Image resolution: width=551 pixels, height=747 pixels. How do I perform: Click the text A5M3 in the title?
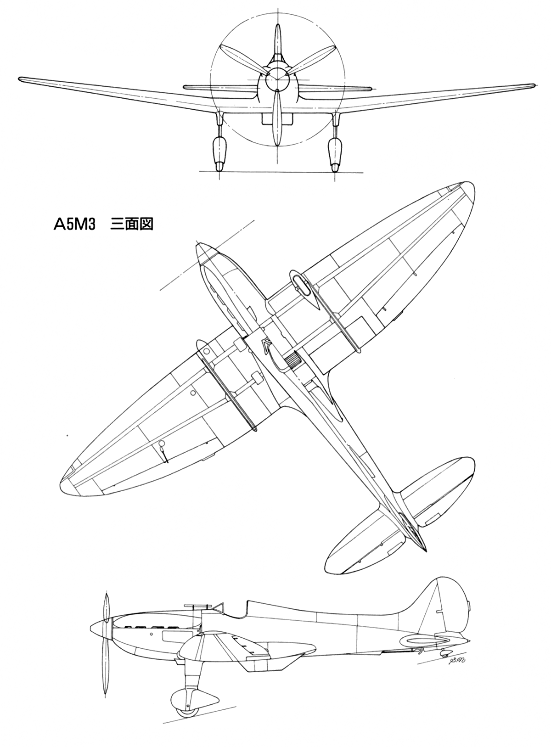[x=75, y=225]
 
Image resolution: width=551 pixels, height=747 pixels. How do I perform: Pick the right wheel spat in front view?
[x=335, y=153]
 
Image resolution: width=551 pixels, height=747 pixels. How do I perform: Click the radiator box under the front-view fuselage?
[x=277, y=119]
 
